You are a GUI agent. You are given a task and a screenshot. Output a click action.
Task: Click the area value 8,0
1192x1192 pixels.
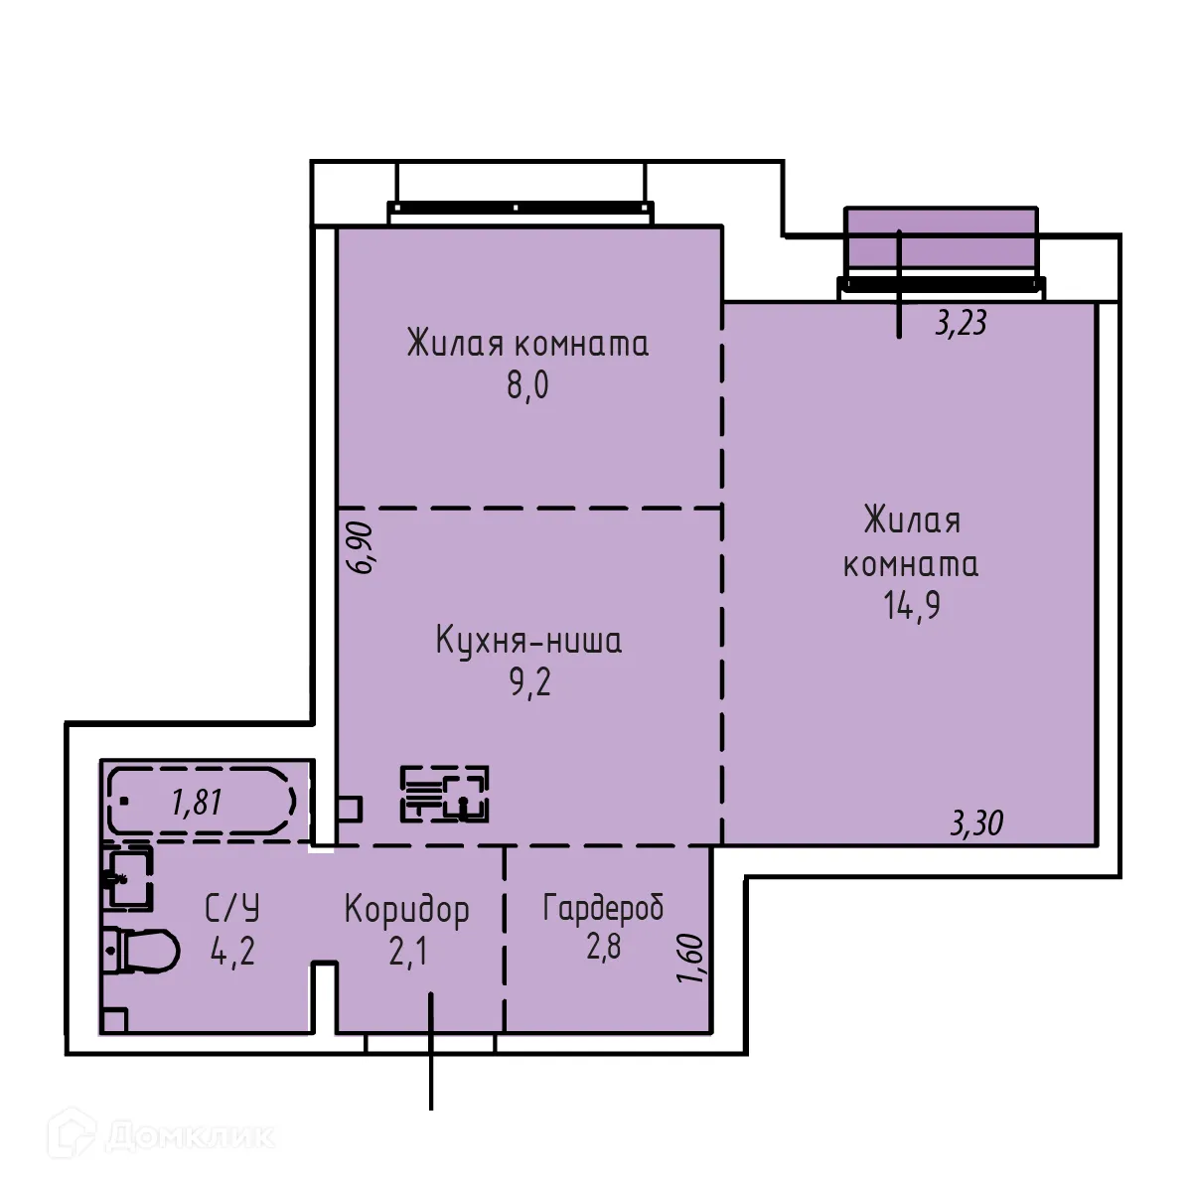[527, 385]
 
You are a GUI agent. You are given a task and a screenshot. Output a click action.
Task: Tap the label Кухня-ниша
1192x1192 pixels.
[528, 642]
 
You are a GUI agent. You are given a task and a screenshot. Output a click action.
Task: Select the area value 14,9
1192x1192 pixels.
[911, 604]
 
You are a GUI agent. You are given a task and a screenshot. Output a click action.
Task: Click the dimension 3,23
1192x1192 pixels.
[961, 323]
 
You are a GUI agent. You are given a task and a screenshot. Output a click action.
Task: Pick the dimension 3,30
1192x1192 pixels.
[976, 823]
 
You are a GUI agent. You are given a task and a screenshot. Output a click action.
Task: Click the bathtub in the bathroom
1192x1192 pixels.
[203, 801]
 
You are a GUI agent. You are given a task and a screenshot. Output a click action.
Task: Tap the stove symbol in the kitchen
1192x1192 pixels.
[445, 794]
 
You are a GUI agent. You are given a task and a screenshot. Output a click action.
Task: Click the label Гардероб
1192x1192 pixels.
[603, 908]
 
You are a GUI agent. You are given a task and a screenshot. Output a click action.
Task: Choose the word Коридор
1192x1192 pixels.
[407, 910]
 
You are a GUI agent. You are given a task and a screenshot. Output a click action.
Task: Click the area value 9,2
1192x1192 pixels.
[528, 683]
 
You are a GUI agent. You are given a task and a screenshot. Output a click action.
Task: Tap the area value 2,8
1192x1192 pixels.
[603, 947]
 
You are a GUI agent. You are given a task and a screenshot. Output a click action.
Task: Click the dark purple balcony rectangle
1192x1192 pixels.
[940, 238]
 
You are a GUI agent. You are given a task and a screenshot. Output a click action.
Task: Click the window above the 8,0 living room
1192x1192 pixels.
[521, 209]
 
